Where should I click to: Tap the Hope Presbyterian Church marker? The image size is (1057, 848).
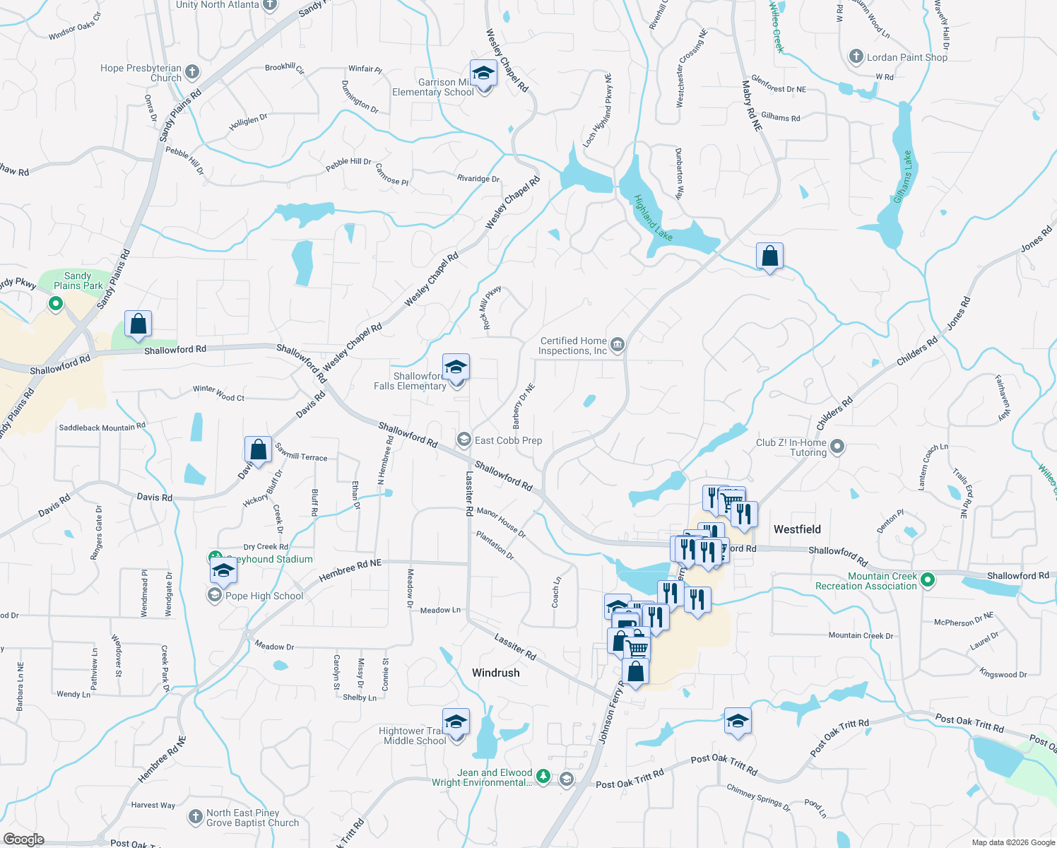[192, 72]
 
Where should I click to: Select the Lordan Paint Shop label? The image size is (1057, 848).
[907, 57]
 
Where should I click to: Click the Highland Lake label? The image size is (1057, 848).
[653, 218]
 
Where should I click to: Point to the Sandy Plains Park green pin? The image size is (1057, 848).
[55, 304]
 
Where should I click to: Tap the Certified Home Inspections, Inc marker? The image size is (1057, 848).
[618, 345]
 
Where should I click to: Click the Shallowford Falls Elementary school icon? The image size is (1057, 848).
[456, 368]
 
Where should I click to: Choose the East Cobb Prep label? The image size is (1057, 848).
[508, 440]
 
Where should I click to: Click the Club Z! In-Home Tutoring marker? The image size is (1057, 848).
[837, 447]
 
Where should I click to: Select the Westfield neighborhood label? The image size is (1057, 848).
[797, 529]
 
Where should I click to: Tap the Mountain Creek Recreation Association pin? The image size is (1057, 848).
[928, 581]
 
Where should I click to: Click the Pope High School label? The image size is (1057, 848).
[264, 596]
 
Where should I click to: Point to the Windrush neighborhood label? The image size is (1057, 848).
[495, 673]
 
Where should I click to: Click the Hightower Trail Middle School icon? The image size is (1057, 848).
[456, 722]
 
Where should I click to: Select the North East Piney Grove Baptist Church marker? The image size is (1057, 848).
[196, 818]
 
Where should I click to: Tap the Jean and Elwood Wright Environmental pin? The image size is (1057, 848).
[543, 777]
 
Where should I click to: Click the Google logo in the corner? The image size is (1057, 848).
[23, 840]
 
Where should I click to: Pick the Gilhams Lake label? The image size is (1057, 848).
[902, 177]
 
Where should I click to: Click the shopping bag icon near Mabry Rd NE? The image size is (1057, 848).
[769, 256]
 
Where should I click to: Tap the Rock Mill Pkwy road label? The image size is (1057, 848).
[491, 307]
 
